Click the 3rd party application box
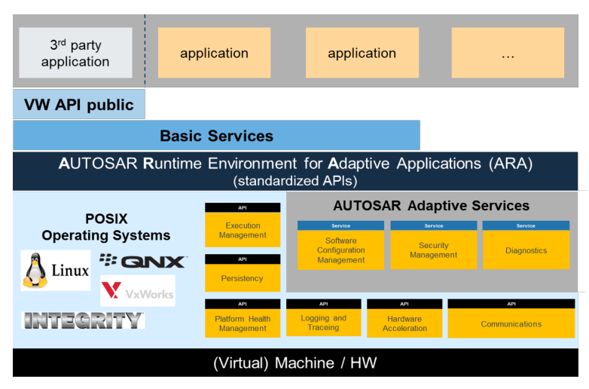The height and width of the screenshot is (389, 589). coord(75,53)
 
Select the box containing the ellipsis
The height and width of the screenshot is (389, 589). coord(508,53)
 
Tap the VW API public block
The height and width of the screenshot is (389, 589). coord(79,105)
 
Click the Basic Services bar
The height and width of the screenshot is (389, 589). coord(216,136)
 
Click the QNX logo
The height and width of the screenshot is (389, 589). coord(142,262)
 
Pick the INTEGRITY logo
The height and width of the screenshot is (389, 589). coord(83,320)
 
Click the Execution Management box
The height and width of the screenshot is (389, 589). coord(243,230)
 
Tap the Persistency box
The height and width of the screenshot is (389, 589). coord(243,277)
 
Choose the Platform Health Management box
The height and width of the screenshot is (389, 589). coord(243,323)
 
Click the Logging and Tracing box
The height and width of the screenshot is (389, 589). coord(323,323)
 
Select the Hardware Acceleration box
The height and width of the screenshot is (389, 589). coord(404,323)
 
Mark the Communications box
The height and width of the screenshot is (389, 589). coord(511,323)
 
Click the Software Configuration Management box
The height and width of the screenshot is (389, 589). coord(341,250)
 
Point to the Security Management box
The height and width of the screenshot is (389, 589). coord(434,250)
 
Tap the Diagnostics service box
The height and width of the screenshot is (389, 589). coord(526,250)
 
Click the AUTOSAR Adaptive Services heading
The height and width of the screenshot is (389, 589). coord(431,205)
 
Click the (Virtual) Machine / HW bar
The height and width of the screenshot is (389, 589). coord(294,363)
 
